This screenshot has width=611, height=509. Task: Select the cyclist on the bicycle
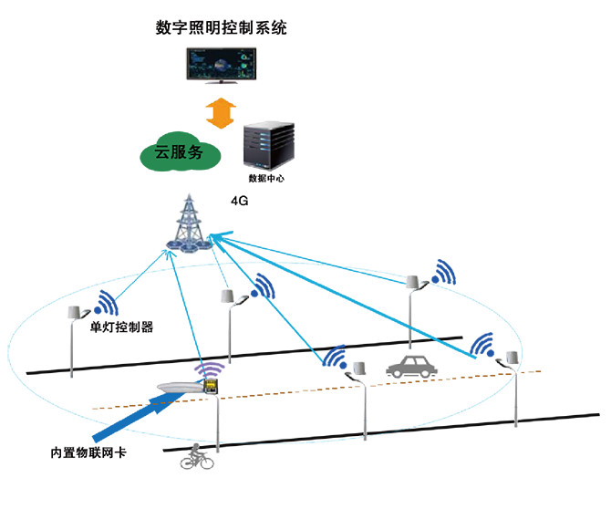tap(194, 455)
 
